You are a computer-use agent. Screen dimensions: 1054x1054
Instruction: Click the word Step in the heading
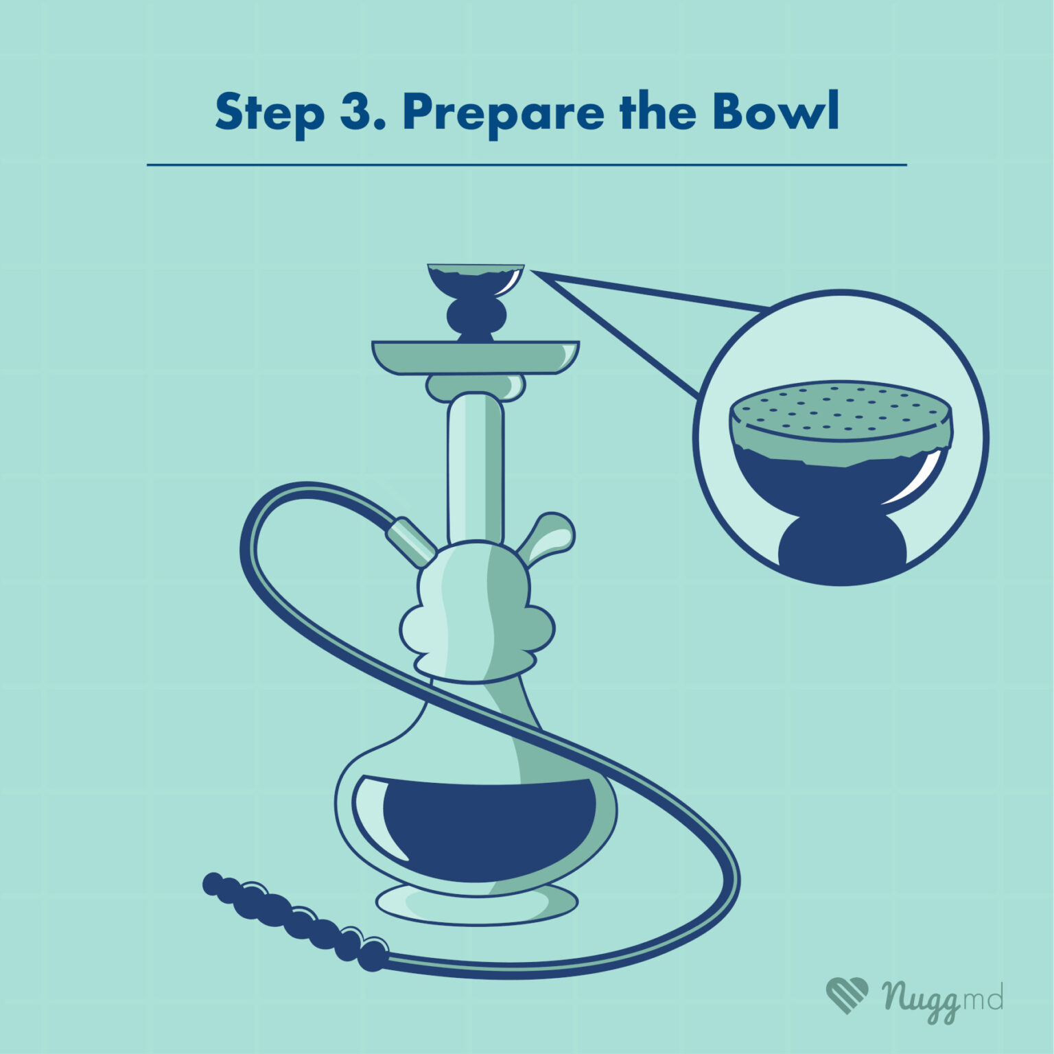pos(270,113)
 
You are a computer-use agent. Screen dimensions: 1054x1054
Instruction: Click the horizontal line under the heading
pos(527,165)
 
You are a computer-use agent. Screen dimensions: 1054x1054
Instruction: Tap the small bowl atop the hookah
pos(476,282)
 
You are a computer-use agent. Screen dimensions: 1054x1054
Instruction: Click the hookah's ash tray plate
pos(476,358)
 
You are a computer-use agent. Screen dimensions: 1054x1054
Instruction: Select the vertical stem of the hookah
pos(476,467)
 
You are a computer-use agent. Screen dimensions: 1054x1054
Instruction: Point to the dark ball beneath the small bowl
pos(476,318)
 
